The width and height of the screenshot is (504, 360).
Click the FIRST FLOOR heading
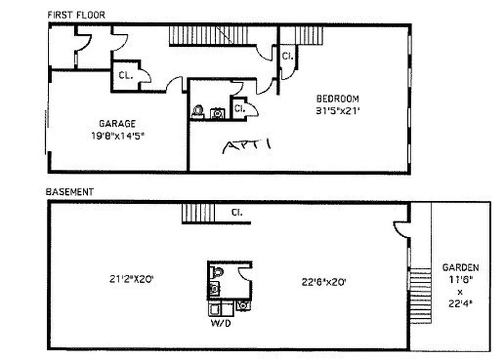[x=76, y=15]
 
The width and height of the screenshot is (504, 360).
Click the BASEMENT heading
[x=70, y=192]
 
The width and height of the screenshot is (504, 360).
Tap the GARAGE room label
[x=117, y=123]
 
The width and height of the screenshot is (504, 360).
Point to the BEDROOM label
[x=337, y=99]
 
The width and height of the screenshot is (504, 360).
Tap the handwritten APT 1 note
[x=247, y=146]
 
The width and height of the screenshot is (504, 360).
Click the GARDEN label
[x=460, y=268]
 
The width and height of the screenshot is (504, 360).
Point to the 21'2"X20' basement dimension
[x=132, y=279]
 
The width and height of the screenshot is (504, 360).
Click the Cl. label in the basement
[x=236, y=212]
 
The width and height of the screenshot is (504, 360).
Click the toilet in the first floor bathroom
[x=198, y=111]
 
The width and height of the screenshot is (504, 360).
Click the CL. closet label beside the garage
[x=126, y=75]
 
